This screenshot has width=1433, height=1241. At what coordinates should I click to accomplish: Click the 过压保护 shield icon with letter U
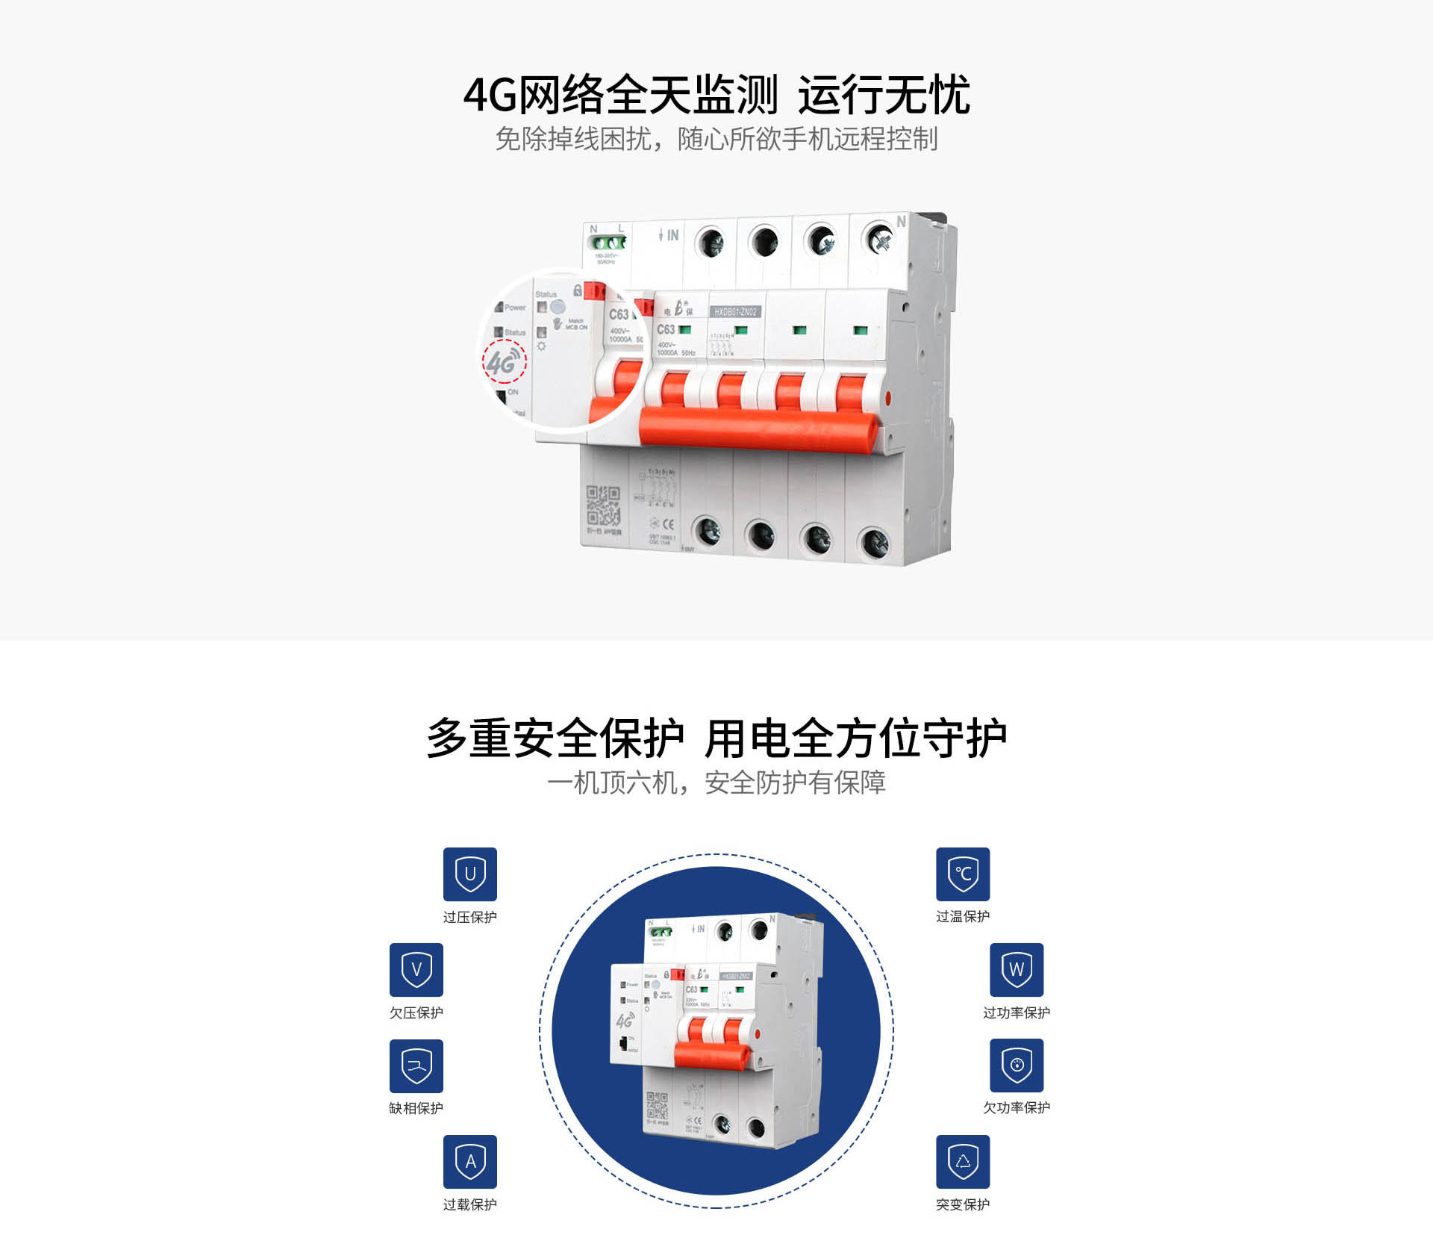pos(469,874)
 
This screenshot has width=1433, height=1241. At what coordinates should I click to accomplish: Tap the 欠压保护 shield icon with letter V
pos(416,969)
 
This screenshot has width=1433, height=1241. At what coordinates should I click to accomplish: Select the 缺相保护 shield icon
pos(416,1066)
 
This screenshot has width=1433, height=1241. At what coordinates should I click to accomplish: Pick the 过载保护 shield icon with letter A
pos(469,1161)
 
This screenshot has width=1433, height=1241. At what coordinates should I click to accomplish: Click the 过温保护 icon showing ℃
pos(963,874)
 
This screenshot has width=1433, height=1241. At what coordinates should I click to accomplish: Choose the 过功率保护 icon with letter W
pos(1017,969)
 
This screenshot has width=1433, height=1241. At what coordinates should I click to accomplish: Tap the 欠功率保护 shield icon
pos(1017,1065)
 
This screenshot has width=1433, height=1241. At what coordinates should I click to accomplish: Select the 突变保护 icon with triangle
pos(963,1161)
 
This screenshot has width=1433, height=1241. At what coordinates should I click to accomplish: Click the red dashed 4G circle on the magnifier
pos(505,362)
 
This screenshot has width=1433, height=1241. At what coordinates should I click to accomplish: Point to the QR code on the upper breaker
pos(603,506)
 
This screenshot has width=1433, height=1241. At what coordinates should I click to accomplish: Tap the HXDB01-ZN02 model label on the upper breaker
pos(735,311)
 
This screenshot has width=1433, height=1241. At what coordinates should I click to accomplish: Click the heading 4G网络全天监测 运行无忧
pos(716,95)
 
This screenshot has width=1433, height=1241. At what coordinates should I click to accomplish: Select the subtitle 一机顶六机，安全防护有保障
pos(716,783)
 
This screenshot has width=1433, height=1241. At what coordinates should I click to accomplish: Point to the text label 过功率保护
pos(1017,1013)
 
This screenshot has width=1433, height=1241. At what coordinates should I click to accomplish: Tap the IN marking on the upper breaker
pos(670,235)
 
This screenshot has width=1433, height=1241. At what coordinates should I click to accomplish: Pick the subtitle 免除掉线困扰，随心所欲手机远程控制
pos(716,139)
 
